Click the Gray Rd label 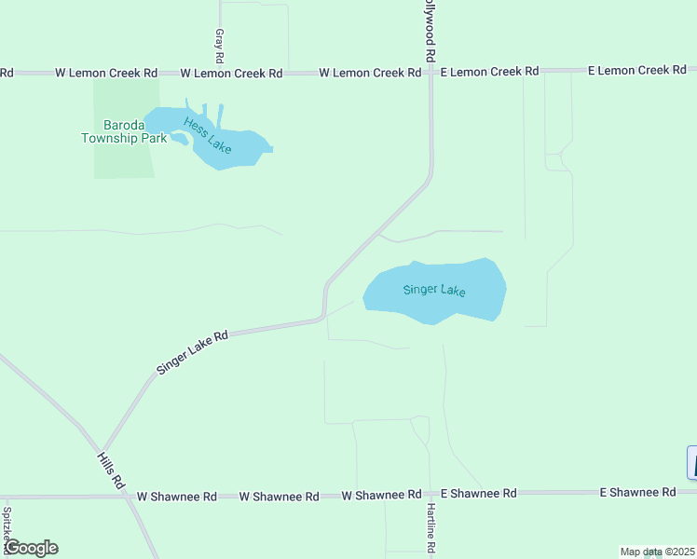220,40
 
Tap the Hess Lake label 207,135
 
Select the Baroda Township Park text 124,132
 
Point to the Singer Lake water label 434,290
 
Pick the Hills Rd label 111,470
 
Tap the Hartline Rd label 431,529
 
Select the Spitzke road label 7,525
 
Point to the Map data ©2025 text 657,552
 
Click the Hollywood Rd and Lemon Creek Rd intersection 430,72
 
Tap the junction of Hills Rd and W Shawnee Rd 127,496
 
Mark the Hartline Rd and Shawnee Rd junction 430,494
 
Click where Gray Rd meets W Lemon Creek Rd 221,72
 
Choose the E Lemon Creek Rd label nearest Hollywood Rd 490,71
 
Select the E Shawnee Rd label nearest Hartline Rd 478,493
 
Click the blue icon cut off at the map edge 691,463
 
